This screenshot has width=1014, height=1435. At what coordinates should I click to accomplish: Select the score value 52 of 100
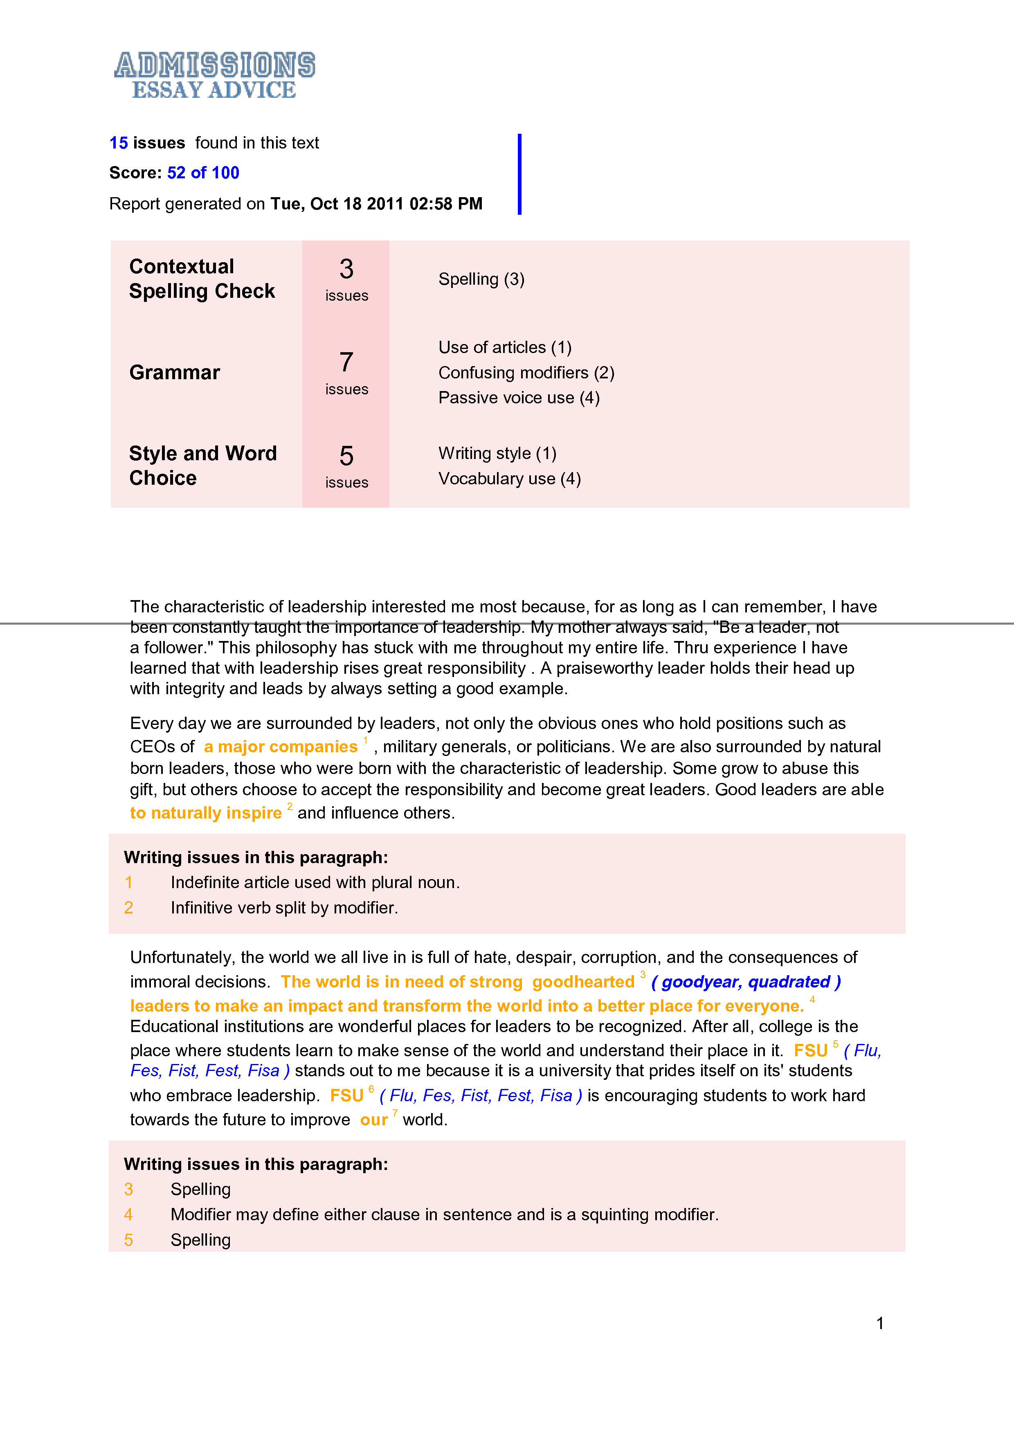coord(203,173)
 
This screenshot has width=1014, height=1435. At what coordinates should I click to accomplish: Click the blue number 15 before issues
coord(118,143)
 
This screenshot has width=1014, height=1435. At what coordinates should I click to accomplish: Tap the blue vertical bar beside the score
coord(519,174)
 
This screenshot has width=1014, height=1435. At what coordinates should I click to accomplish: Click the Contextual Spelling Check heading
coord(202,279)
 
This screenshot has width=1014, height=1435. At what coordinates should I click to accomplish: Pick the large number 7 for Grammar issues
coord(346,362)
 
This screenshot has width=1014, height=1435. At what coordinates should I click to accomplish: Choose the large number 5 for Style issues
coord(346,456)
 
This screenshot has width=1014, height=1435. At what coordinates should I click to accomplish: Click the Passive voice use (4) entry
coord(519,398)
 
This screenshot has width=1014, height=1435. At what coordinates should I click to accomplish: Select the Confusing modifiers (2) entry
coord(526,373)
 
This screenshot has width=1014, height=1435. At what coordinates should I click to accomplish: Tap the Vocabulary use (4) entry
coord(509,479)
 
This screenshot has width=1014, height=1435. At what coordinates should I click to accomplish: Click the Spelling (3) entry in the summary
coord(481,279)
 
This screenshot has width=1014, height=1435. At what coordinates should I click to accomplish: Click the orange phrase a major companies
coord(281,747)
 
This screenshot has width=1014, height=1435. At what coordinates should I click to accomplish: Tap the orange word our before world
coord(373,1120)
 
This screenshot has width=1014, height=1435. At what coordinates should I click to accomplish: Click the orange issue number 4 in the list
coord(128,1215)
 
